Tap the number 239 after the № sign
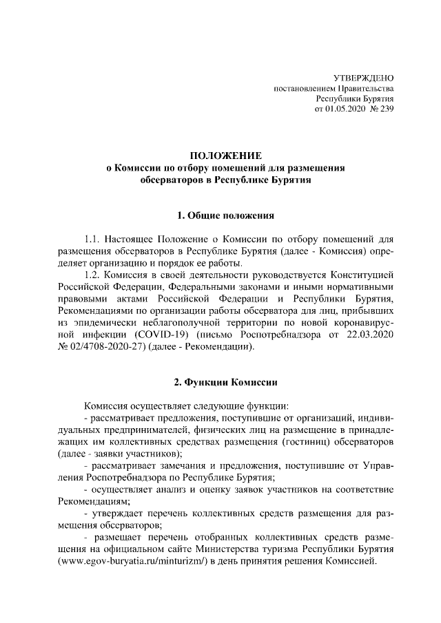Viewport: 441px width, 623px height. pos(386,109)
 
